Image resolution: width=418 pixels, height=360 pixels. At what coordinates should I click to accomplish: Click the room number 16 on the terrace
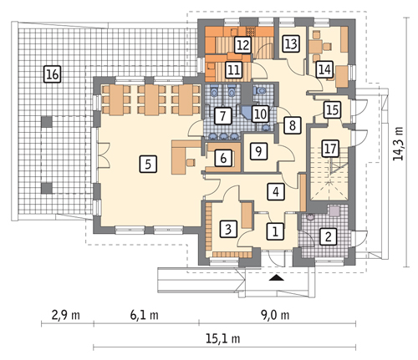(53, 74)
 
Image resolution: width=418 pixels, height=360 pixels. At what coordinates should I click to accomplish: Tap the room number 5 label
(148, 164)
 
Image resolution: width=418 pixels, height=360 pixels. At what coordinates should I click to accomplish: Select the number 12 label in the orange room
(243, 45)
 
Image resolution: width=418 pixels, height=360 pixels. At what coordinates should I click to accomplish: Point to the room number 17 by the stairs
(330, 148)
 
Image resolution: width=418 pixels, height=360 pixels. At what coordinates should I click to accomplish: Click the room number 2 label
(329, 236)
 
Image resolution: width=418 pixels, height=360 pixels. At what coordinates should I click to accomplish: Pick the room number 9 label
(258, 151)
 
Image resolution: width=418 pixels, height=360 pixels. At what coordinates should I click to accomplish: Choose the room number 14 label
(324, 69)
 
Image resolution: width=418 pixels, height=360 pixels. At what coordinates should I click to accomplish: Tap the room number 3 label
(228, 229)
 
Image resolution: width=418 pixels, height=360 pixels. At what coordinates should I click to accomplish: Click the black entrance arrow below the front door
(277, 277)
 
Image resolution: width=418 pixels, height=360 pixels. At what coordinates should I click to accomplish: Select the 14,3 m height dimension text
(399, 144)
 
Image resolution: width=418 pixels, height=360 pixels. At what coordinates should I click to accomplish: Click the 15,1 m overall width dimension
(223, 339)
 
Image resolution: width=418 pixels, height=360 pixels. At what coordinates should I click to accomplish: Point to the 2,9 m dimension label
(66, 315)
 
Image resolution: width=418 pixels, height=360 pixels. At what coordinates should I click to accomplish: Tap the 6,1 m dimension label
(145, 315)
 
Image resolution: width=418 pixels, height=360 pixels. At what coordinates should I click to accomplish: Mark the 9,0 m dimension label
(276, 315)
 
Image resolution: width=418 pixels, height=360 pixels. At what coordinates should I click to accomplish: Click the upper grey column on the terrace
(47, 122)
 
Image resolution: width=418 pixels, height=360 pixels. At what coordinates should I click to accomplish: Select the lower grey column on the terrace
(47, 188)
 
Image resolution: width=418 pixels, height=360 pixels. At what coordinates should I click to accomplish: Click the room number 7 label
(222, 116)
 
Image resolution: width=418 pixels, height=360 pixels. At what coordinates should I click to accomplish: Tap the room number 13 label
(291, 43)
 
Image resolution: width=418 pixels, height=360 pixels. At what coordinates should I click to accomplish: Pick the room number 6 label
(223, 158)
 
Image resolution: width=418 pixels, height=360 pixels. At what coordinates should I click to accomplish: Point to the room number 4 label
(276, 192)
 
